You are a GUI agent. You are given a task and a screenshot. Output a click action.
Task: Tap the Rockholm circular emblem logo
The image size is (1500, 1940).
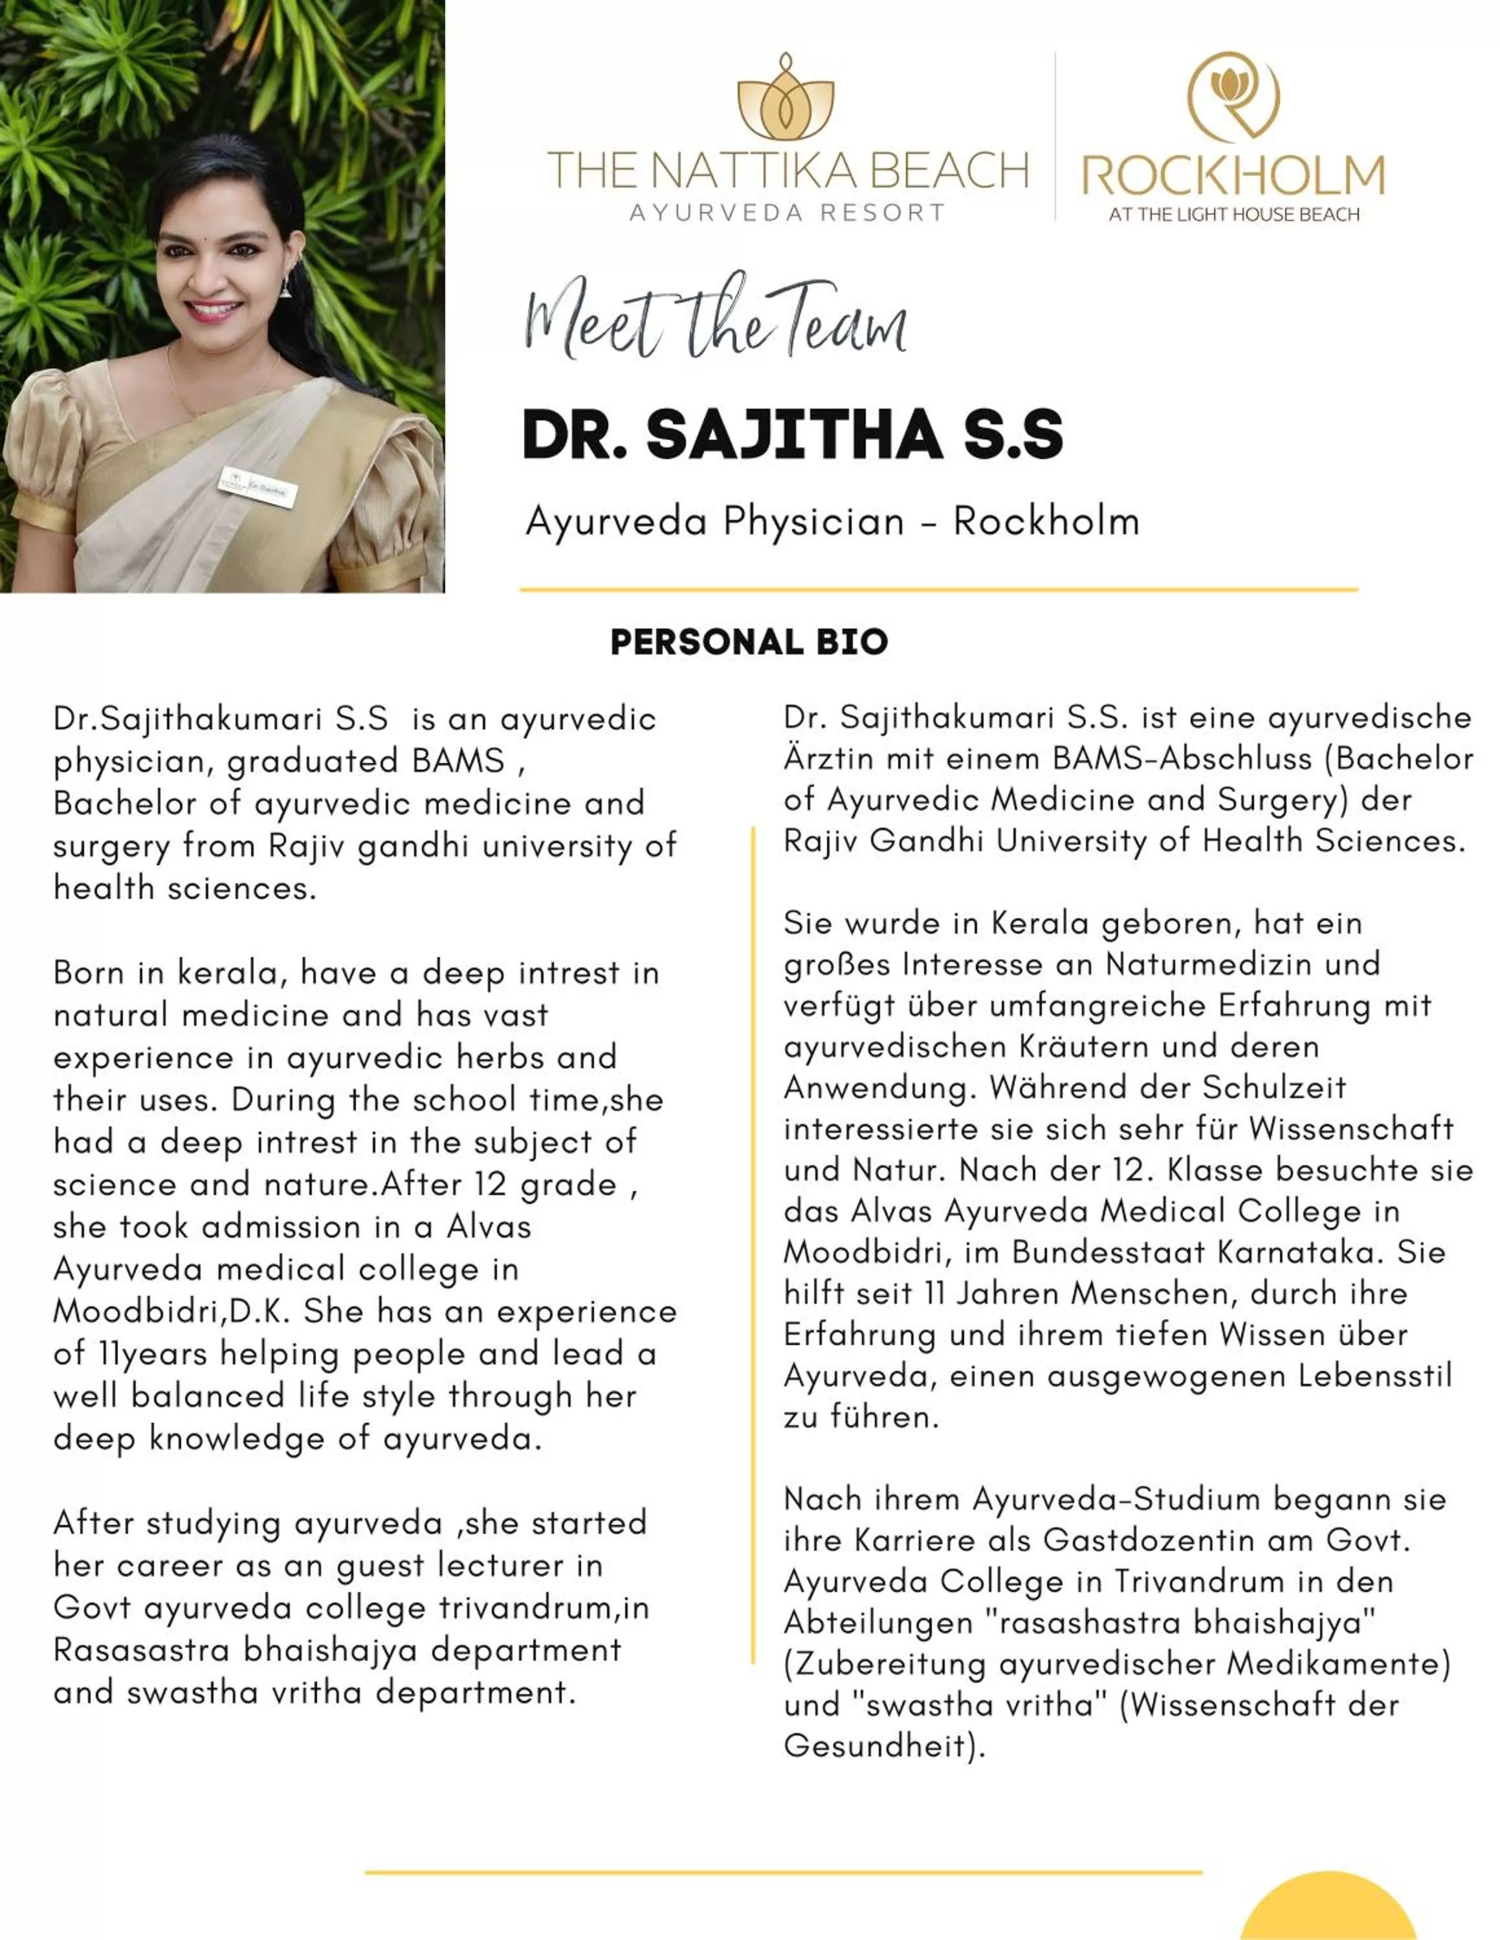(1233, 94)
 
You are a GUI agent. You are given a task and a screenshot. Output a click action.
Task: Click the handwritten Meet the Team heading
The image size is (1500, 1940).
(715, 321)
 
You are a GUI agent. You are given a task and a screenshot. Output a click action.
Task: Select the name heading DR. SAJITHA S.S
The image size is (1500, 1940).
(792, 435)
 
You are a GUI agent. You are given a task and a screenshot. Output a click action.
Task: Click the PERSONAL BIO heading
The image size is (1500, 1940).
(749, 642)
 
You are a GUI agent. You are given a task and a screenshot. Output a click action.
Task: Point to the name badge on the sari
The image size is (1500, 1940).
(257, 485)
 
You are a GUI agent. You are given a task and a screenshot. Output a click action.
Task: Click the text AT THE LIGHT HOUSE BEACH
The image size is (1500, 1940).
(1233, 214)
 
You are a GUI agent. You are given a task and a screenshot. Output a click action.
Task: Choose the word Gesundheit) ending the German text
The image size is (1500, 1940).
(884, 1747)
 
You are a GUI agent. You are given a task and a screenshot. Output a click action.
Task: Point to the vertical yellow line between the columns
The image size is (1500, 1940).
(753, 1244)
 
